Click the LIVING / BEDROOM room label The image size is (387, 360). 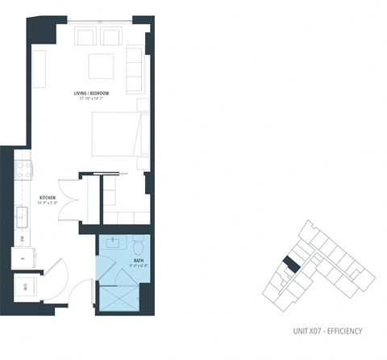click(89, 94)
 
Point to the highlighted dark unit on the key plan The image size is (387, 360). click(293, 265)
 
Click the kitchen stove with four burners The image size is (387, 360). click(24, 170)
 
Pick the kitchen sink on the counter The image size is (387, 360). click(22, 216)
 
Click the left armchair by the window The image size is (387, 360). click(85, 36)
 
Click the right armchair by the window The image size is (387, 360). click(110, 36)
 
